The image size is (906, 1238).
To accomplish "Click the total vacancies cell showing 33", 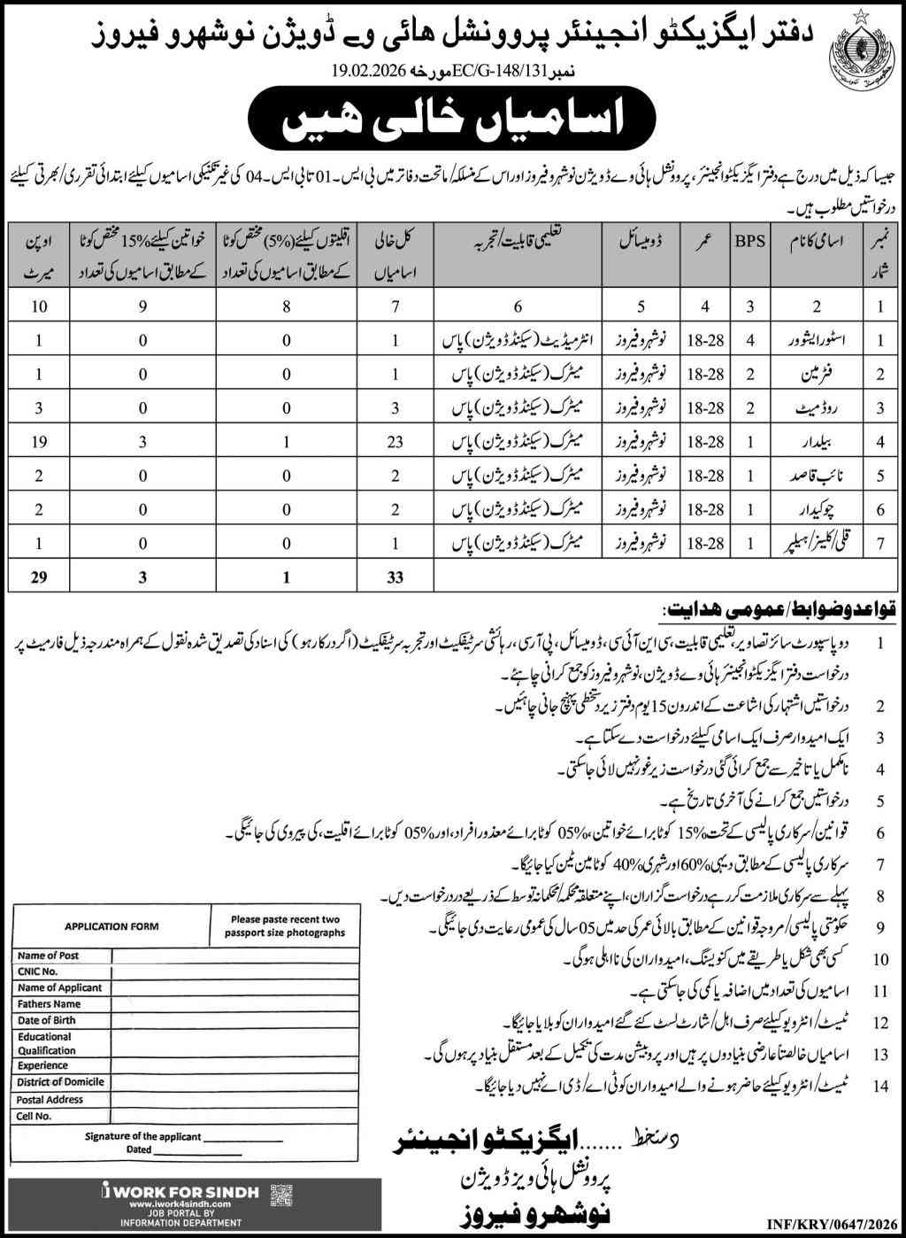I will coord(395,576).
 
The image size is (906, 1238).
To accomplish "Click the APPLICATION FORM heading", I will coord(111,926).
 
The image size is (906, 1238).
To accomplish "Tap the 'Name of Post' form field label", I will coord(49,956).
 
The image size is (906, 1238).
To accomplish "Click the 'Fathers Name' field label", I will coord(49,1004).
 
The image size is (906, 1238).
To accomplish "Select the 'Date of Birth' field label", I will coord(46,1020).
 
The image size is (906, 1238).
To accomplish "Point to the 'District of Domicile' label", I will coord(60,1082).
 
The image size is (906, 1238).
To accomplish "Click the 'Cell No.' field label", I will coord(35,1116).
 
